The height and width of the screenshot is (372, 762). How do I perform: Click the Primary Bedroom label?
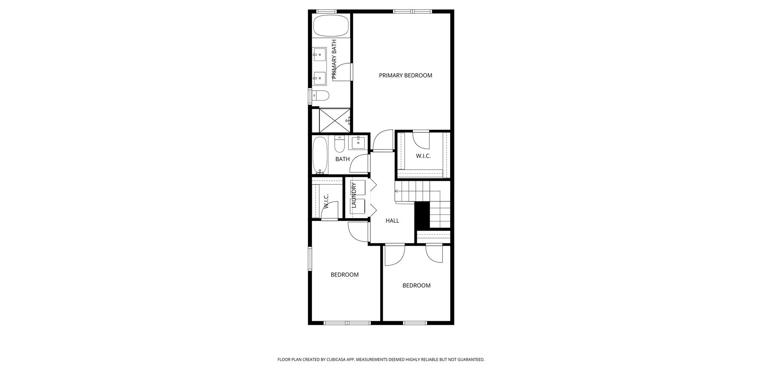click(x=405, y=76)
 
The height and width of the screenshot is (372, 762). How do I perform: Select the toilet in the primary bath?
click(x=320, y=95)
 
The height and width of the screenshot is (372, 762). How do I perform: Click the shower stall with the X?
click(x=335, y=120)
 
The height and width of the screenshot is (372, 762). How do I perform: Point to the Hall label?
click(x=392, y=221)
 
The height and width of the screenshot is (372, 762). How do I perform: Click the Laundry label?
click(x=354, y=195)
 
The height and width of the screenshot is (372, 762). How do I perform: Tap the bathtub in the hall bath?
click(x=320, y=155)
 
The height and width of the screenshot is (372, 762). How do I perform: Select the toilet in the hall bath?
click(x=339, y=144)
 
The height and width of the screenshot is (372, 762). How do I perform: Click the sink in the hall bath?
click(x=358, y=143)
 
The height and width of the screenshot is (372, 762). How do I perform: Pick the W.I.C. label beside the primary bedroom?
click(x=423, y=156)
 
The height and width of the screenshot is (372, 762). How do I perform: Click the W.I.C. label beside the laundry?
click(x=326, y=201)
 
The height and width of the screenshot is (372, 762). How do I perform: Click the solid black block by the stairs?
click(x=422, y=215)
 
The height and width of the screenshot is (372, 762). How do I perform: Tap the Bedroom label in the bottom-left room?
click(x=344, y=275)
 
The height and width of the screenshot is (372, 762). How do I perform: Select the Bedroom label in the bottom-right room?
click(x=416, y=286)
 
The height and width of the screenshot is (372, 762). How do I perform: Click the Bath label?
click(x=342, y=159)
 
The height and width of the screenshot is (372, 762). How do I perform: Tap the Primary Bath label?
click(x=334, y=59)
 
